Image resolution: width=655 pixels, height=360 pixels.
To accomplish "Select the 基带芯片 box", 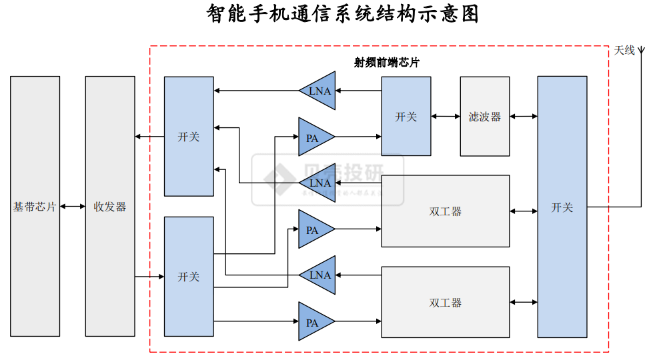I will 35,206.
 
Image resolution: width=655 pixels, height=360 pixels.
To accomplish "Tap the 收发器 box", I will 110,206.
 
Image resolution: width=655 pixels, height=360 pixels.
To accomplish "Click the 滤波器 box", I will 485,117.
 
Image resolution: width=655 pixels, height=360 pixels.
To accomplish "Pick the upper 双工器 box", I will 445,211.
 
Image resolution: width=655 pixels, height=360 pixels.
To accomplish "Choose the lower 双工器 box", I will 445,303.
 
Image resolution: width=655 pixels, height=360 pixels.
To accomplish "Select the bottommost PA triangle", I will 313,322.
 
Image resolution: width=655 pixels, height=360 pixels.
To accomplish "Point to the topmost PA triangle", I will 313,137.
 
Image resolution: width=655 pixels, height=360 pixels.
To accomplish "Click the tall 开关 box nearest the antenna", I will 562,207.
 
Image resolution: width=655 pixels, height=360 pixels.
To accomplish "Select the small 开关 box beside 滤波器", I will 406,117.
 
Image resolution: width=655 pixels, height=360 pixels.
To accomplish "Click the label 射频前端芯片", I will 387,62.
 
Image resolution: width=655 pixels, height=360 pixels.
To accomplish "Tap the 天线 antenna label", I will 624,50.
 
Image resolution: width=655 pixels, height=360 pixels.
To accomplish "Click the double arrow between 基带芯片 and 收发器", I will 73,207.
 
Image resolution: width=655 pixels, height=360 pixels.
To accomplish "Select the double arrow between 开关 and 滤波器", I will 446,117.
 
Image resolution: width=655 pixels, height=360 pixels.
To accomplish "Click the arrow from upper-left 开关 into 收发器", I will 149,137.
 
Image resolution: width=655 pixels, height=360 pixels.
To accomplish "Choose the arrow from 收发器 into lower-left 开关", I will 149,277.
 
